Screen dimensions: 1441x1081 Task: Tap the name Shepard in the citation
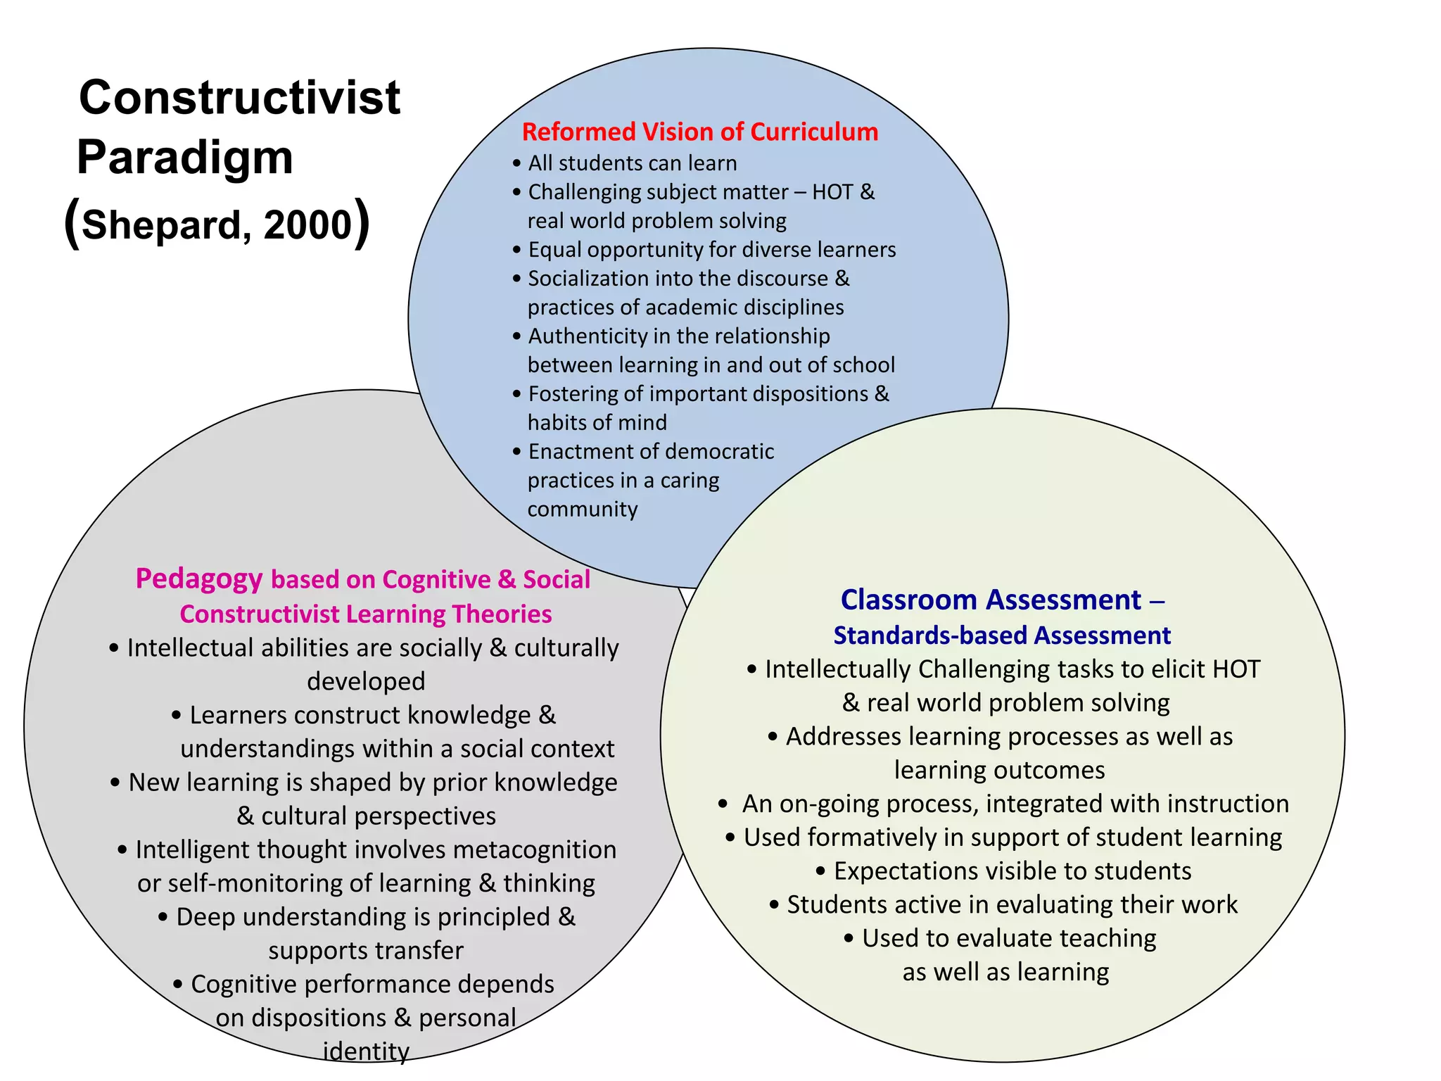point(161,225)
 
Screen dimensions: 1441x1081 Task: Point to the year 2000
point(307,225)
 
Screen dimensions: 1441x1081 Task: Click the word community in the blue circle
point(583,509)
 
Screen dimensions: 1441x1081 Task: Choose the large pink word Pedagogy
point(199,579)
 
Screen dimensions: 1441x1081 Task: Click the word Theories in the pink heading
point(502,614)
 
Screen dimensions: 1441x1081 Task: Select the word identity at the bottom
point(366,1051)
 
